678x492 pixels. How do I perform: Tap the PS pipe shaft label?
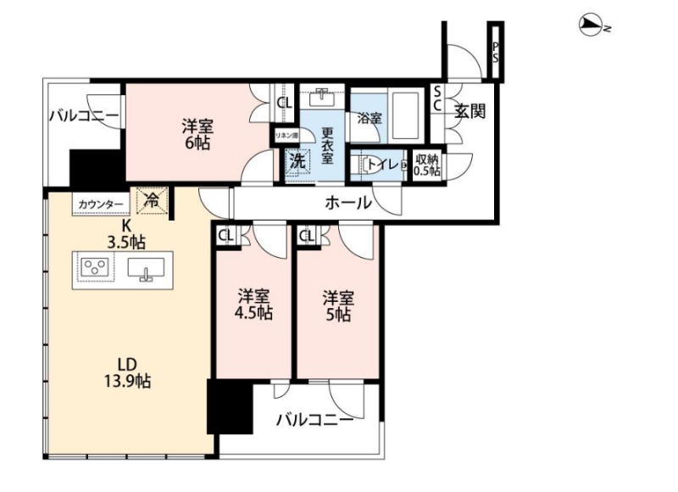495,52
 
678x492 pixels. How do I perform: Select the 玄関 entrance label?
470,111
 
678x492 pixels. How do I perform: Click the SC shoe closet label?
437,98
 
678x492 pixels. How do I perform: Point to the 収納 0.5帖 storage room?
427,165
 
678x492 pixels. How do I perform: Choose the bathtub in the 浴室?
405,115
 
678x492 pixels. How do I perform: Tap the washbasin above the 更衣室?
322,98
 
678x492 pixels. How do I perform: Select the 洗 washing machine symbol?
297,161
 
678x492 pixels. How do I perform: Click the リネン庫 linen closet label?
286,136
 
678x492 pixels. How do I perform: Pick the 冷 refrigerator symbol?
152,200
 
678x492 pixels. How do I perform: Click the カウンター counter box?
101,204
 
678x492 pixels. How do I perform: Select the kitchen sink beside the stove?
146,268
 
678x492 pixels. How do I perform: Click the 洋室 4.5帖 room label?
253,305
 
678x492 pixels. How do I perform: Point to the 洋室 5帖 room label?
338,306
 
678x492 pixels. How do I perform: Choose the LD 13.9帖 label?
127,372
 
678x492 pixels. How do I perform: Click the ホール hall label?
348,202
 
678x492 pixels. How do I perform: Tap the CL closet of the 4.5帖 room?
226,236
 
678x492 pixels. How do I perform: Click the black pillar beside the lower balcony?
230,406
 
